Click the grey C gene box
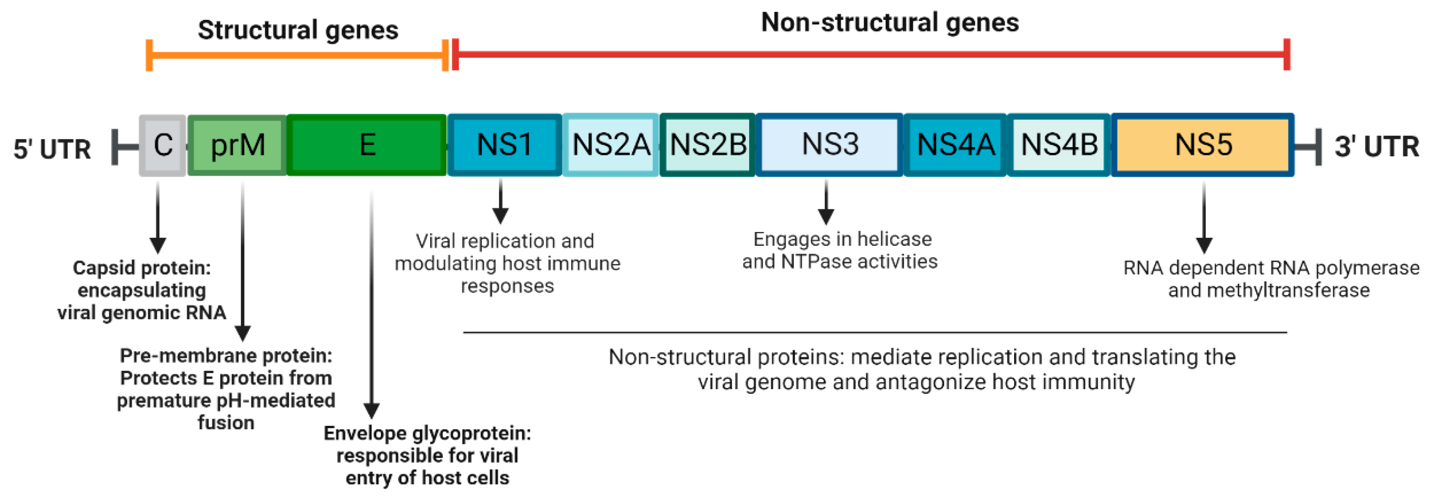(162, 145)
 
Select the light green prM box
(237, 145)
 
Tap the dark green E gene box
(367, 145)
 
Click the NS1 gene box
(504, 145)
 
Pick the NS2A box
(610, 145)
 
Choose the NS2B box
(707, 145)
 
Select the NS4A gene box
(955, 145)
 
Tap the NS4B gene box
(1059, 145)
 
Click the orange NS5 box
(1203, 145)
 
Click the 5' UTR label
(52, 149)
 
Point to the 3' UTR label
(1376, 147)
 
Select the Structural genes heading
(298, 30)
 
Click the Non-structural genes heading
(890, 23)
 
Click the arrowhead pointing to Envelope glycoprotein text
(372, 411)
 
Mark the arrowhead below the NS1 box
(500, 216)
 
